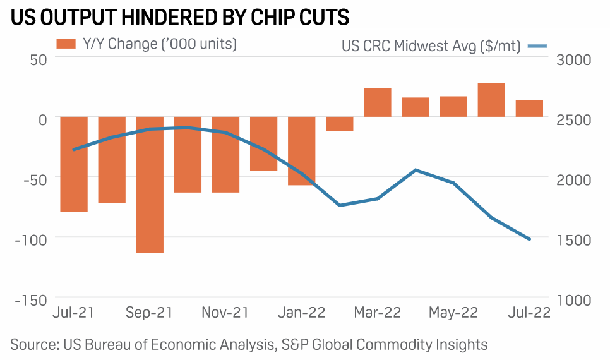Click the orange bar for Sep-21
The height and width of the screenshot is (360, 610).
[x=150, y=184]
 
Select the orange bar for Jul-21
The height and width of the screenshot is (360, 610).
[x=74, y=164]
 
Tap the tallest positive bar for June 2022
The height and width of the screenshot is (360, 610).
[x=491, y=100]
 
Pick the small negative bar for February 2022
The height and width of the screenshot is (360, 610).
[x=340, y=124]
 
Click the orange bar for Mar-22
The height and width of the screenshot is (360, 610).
[x=378, y=102]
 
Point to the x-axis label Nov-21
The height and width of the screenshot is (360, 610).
[x=225, y=313]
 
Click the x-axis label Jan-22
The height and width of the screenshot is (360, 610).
[x=302, y=313]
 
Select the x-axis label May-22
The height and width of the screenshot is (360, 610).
[x=453, y=313]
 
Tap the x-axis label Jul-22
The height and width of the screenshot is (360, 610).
[x=529, y=313]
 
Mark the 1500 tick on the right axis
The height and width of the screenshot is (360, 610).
[x=573, y=239]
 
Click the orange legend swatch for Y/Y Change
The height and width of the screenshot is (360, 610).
[x=65, y=44]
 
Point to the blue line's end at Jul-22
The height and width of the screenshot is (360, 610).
[x=529, y=239]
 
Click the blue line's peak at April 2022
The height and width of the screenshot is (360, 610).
[x=416, y=170]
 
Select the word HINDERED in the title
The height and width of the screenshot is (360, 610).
[x=151, y=18]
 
